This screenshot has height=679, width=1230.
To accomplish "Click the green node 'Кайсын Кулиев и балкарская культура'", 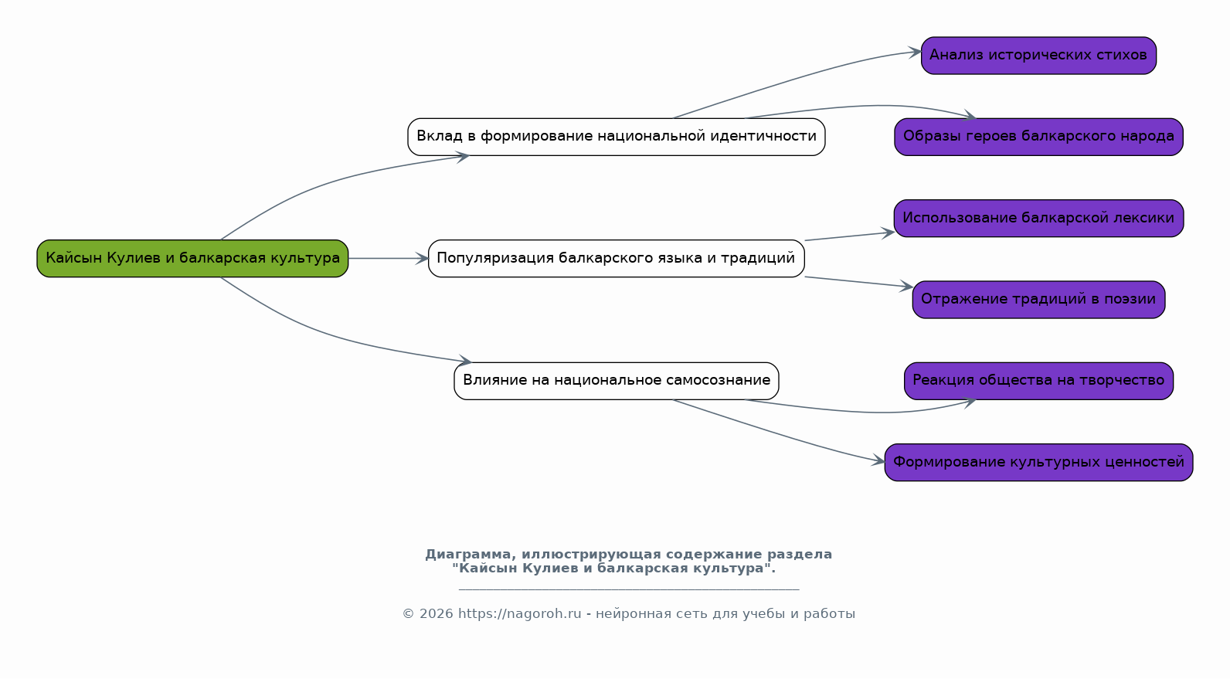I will coord(192,258).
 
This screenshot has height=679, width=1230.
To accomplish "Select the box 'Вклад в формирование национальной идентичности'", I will coord(616,137).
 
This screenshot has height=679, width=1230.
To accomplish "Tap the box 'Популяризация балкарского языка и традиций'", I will coord(616,258).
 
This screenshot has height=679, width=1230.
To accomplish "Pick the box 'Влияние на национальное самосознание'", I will coord(616,381).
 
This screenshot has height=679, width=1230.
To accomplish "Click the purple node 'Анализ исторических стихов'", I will coord(1038,56).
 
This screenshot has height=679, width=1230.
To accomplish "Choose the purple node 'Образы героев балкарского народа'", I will coord(1038,137).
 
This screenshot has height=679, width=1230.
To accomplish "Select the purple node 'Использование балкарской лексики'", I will coord(1038,219).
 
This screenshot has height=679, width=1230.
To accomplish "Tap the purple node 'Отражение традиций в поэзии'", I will coord(1038,300).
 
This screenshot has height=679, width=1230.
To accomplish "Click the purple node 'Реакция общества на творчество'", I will coord(1038,381).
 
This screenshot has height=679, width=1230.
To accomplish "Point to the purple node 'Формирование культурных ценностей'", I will coord(1038,463).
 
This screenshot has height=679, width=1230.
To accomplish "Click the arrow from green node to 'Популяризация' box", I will coord(388,258).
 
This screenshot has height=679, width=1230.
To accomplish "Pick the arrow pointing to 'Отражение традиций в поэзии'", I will coord(858,282).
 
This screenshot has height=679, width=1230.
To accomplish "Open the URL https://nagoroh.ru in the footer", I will coord(519,614).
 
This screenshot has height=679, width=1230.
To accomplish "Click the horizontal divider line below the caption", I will coord(628,590).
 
